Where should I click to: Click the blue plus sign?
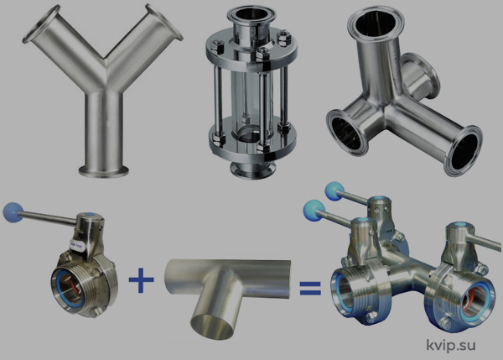[142, 279]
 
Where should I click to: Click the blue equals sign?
[310, 288]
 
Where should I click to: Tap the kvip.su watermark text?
[451, 345]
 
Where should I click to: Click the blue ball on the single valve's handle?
[13, 211]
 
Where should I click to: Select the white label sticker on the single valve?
[76, 245]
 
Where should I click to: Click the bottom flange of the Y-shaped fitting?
[104, 171]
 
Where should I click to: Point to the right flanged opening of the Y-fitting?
[164, 22]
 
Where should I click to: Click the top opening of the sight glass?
[251, 15]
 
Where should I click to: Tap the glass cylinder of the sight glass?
[251, 97]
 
